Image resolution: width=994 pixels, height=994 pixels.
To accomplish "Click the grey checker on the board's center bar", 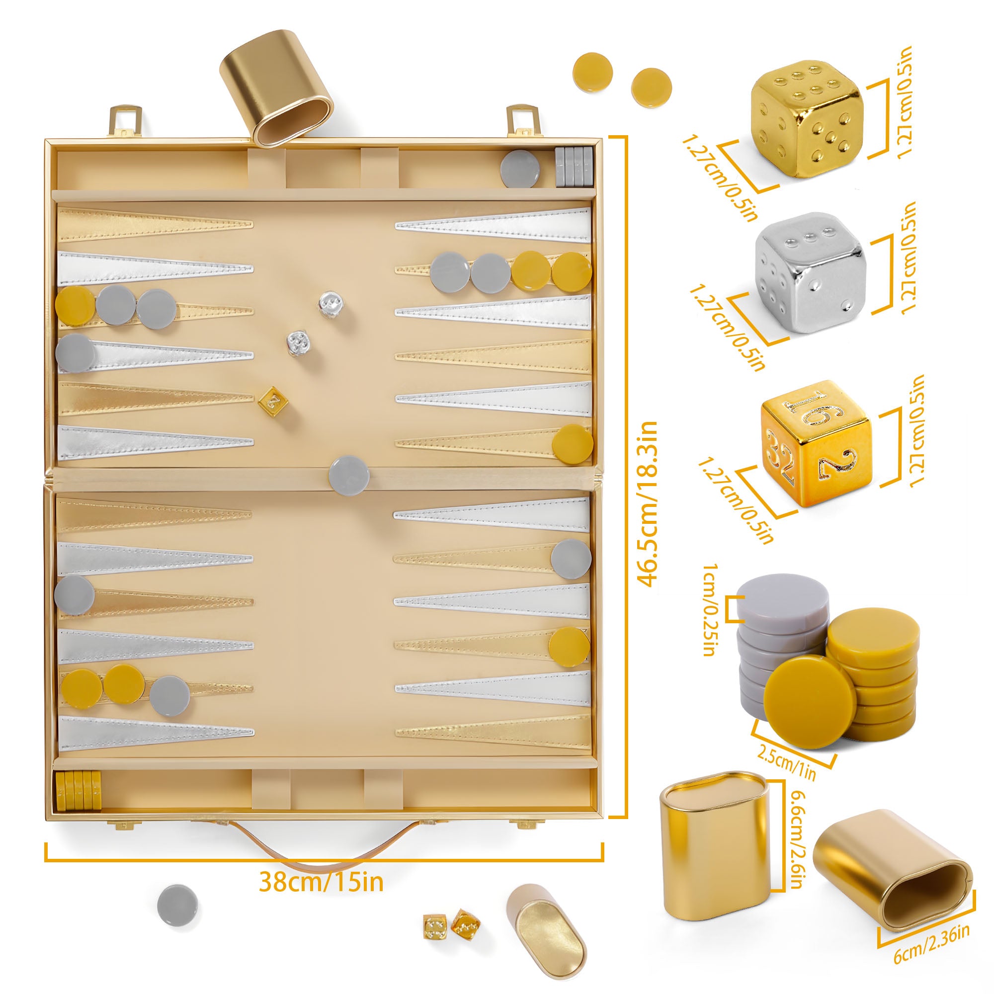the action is click(349, 475).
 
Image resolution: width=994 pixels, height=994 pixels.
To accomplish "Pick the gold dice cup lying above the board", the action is click(276, 88).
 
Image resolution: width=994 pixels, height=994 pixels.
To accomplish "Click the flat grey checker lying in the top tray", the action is click(521, 168).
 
